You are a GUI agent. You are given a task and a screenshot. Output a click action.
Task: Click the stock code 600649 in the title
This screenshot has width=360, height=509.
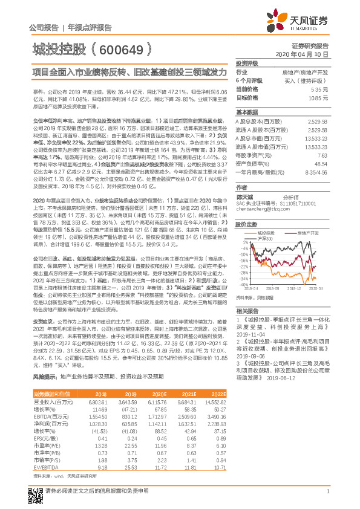(120, 47)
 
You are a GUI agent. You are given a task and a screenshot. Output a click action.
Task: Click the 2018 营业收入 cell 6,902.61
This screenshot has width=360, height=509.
(99, 401)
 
